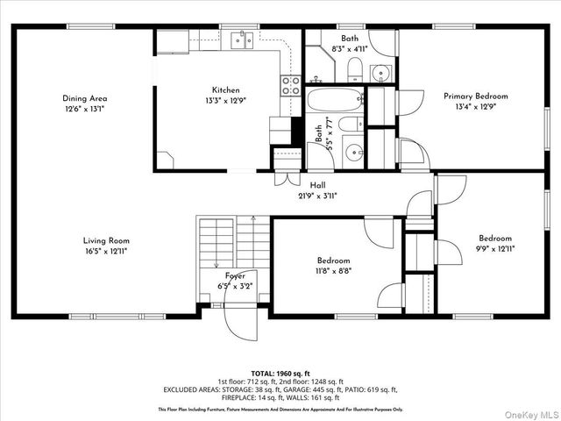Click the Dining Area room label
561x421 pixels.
pos(84,98)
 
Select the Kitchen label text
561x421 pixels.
pos(225,89)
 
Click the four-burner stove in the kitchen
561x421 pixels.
pos(290,85)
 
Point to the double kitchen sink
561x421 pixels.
pos(242,39)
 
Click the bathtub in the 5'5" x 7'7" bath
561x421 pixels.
pos(335,98)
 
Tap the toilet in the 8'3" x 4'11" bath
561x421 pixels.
pos(354,68)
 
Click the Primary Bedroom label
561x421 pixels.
pos(475,96)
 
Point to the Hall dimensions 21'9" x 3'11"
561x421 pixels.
pos(318,196)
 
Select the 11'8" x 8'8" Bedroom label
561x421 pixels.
pos(333,260)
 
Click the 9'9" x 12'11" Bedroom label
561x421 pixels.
pos(495,238)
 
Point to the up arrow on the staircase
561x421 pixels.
pos(252,219)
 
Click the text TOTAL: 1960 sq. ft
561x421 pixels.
pos(280,374)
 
